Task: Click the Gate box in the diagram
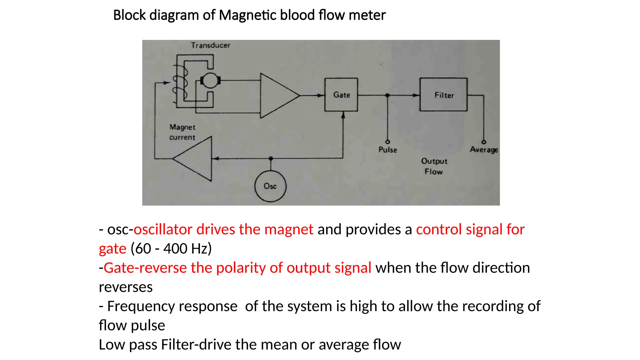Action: [341, 95]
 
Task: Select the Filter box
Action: [443, 95]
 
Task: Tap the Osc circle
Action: [270, 186]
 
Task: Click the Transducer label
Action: [210, 45]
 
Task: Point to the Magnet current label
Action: [182, 132]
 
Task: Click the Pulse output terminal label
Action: [387, 150]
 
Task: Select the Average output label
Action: [484, 150]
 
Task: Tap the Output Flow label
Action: [434, 166]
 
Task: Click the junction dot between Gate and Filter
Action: [387, 95]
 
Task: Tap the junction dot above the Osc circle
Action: [271, 159]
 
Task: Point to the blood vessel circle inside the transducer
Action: [210, 81]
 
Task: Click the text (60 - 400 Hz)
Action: [171, 249]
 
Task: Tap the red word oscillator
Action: [162, 229]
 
